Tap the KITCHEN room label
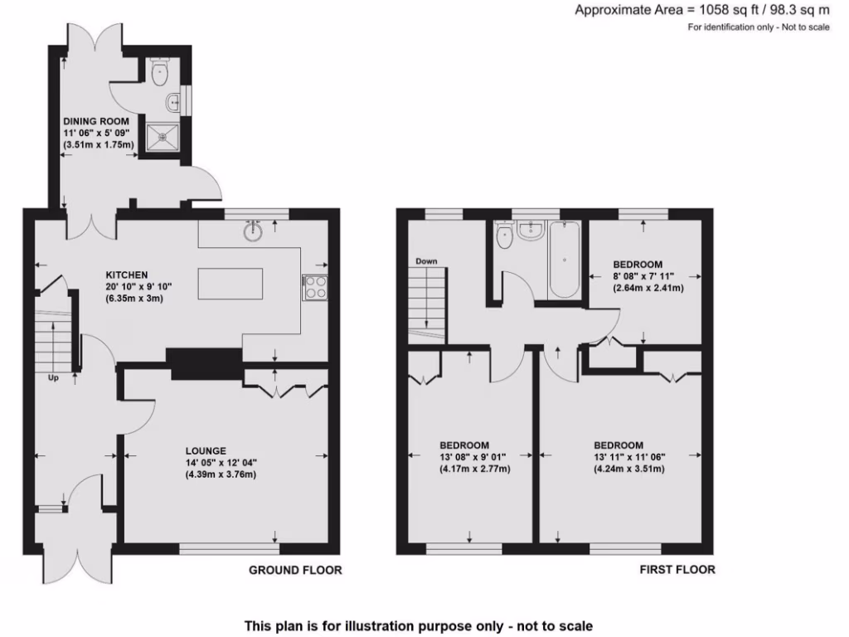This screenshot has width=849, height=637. [x=126, y=275]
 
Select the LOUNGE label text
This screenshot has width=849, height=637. [x=206, y=450]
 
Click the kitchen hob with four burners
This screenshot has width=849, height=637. [x=315, y=287]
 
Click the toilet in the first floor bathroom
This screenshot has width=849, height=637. [x=502, y=237]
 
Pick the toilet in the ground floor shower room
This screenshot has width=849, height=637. [x=160, y=72]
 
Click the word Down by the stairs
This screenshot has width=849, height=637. [x=426, y=261]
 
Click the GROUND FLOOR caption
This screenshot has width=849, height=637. [x=295, y=570]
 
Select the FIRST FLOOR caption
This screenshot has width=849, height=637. [x=677, y=570]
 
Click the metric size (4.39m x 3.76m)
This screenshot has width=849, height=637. [x=221, y=474]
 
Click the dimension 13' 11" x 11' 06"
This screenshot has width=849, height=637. [x=629, y=456]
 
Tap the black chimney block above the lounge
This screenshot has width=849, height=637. [x=204, y=363]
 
